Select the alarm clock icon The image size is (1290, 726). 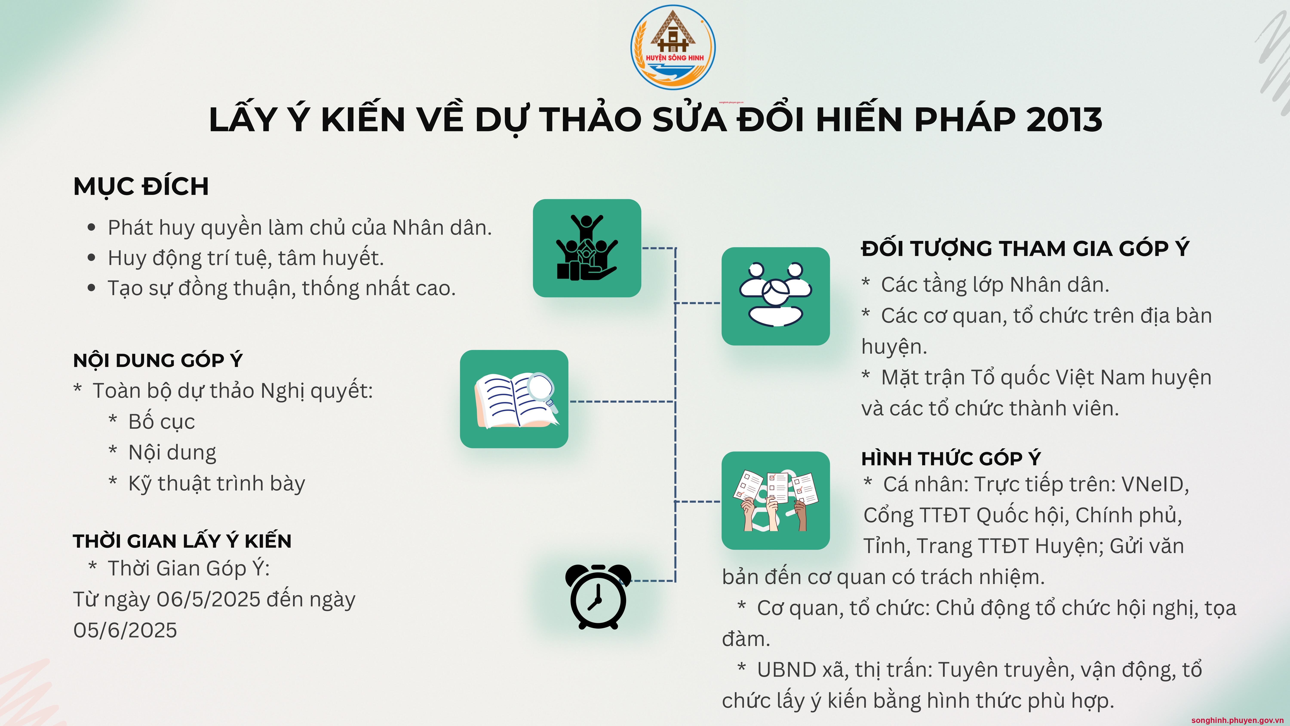(x=598, y=596)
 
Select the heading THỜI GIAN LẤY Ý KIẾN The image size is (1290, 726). (x=182, y=541)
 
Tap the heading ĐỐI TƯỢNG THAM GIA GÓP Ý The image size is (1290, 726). (x=1025, y=248)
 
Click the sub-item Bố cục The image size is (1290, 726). (x=161, y=422)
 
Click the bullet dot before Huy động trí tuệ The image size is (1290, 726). (x=91, y=258)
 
